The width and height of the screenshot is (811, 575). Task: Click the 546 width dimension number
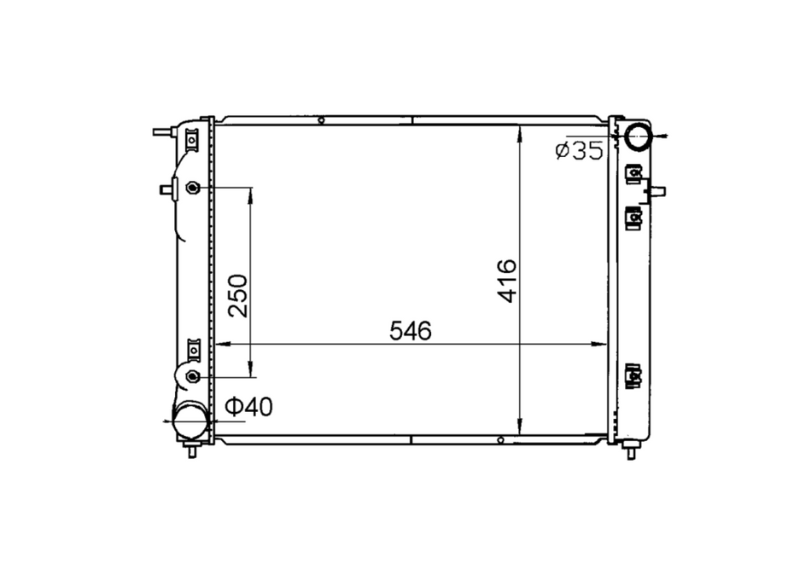[410, 331]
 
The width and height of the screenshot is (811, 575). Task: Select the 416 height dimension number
[507, 281]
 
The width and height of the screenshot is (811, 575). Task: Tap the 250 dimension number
[238, 296]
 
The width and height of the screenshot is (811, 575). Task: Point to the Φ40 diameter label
[249, 407]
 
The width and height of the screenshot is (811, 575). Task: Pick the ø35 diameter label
[580, 150]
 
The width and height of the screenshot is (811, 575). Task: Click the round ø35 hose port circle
[638, 136]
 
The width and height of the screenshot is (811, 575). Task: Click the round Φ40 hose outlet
[190, 421]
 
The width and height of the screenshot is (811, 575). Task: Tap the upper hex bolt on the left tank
[193, 187]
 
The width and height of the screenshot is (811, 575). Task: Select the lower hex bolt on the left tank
[193, 376]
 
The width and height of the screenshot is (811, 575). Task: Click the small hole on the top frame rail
[321, 120]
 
